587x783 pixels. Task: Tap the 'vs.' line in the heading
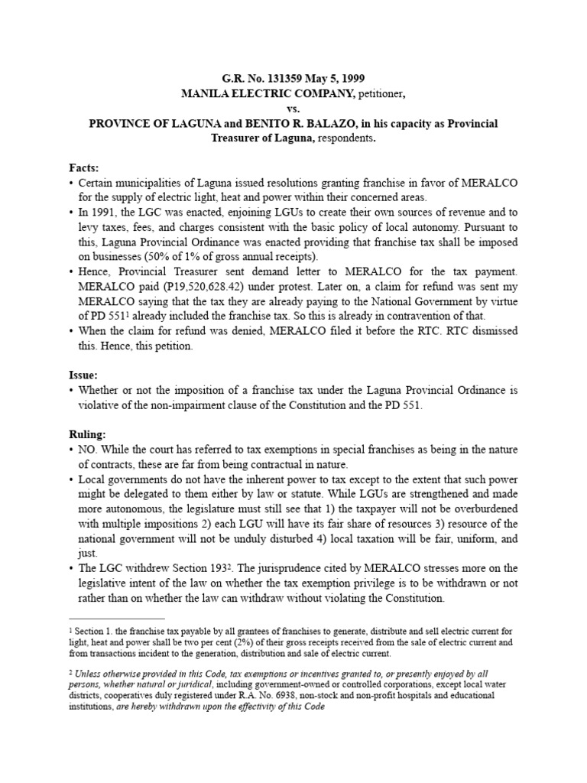(293, 108)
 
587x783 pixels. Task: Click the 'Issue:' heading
(83, 376)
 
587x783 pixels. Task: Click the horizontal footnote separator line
(116, 619)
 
